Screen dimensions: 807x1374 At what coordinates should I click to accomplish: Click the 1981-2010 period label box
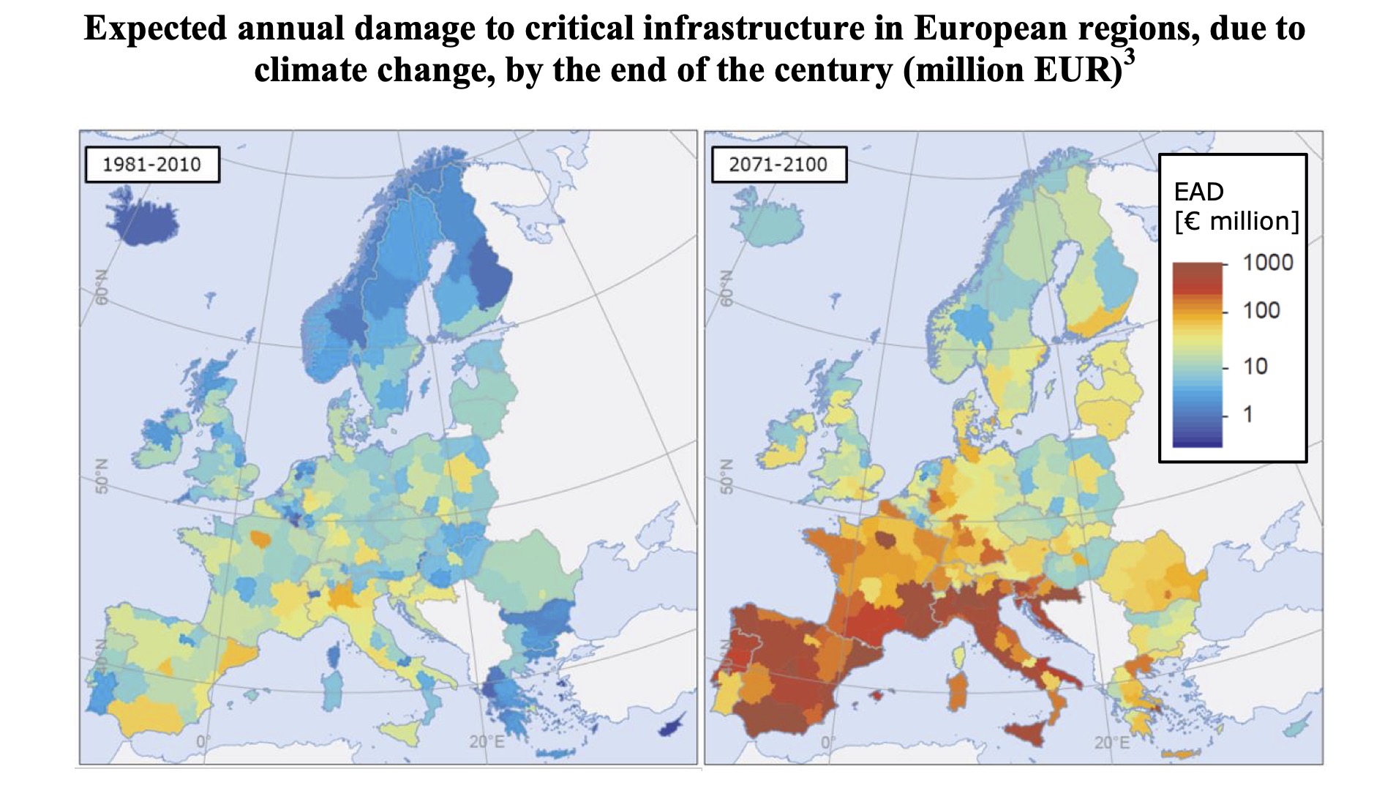151,165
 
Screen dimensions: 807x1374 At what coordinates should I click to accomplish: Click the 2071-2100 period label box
778,165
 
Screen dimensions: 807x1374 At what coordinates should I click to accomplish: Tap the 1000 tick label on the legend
1268,263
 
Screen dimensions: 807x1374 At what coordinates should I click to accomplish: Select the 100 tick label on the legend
1261,310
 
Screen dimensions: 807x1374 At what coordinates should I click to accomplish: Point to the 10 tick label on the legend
1255,366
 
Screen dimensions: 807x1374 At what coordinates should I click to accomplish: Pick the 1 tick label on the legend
1248,414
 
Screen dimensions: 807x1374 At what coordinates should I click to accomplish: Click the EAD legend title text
1198,192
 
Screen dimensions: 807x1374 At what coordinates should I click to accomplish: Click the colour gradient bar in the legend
1197,354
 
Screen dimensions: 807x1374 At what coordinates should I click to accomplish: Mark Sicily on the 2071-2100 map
1024,732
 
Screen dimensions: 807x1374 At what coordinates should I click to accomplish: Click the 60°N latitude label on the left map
101,286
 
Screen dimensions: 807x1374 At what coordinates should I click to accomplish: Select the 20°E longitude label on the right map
1111,743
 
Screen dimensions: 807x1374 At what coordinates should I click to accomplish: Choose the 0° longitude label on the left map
202,743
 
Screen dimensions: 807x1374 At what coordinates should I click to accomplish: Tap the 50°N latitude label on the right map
726,476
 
